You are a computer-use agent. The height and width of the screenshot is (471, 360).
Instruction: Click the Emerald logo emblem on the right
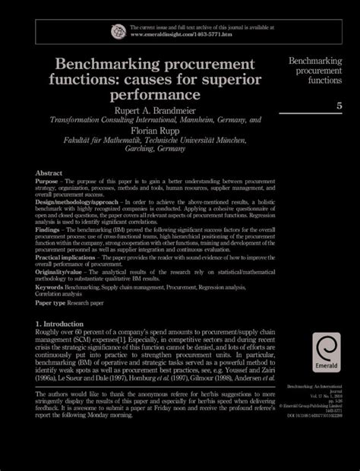point(328,349)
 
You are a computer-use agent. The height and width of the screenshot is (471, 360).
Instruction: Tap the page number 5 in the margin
point(339,105)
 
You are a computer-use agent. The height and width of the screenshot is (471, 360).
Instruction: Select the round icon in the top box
point(118,31)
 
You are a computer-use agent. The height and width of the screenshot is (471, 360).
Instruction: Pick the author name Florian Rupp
point(155,131)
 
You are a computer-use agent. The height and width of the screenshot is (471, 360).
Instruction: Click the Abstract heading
point(49,173)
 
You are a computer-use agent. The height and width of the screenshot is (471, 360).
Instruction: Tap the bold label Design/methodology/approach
point(75,203)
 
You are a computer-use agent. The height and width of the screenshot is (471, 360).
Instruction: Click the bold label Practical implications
point(69,258)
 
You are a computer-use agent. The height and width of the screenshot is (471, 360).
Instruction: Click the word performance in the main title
point(156,96)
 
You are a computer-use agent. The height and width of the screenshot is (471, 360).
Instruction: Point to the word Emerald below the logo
point(327,373)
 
